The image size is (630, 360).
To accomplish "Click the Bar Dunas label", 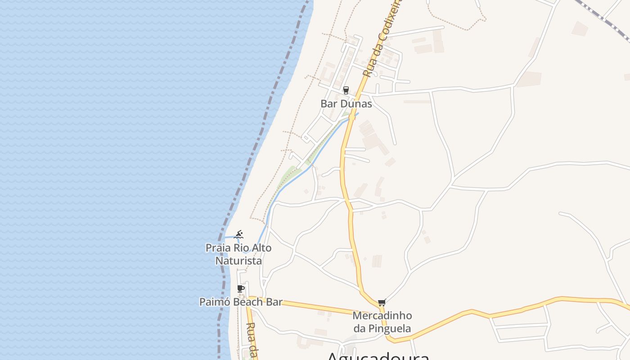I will point(346,103).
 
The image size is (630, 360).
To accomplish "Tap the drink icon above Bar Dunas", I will point(346,90).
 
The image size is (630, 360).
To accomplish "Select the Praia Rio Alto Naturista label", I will point(238,254).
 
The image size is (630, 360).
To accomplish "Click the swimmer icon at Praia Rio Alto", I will point(239,234).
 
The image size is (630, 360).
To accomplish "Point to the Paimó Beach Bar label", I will point(241,302).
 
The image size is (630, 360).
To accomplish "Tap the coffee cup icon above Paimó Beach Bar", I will point(241,288).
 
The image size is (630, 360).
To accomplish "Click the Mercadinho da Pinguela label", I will point(382,322).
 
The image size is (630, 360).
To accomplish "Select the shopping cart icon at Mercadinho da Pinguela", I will point(382,302).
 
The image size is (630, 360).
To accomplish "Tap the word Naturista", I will point(238,261).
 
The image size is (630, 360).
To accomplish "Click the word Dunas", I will point(356,103).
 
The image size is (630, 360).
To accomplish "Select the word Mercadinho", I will point(382,315).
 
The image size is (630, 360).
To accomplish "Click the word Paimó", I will point(212,302).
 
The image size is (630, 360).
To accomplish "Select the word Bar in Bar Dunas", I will point(328,103).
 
